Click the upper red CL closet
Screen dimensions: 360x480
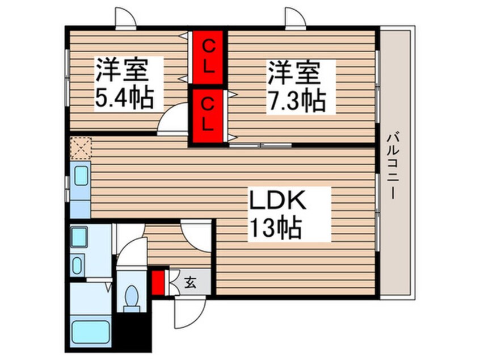pyautogui.click(x=208, y=56)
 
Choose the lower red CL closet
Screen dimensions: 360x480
pyautogui.click(x=208, y=114)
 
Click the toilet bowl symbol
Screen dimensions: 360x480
pyautogui.click(x=133, y=298)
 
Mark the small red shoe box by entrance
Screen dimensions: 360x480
pyautogui.click(x=158, y=282)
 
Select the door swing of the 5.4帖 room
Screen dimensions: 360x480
pyautogui.click(x=172, y=120)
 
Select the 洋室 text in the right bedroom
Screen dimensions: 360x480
pyautogui.click(x=294, y=73)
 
